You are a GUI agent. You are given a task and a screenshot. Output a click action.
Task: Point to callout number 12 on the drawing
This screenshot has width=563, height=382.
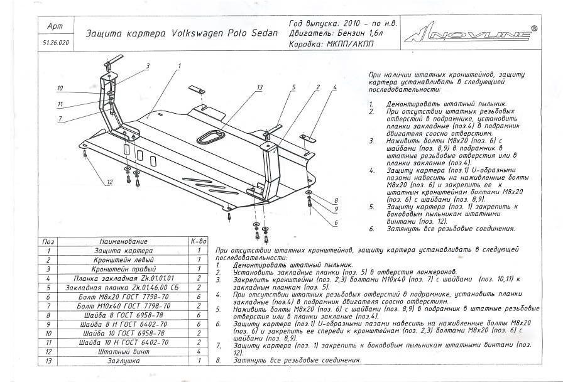pos(109,182)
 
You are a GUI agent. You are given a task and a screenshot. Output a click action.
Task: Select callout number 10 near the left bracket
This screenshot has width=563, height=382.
pos(60,88)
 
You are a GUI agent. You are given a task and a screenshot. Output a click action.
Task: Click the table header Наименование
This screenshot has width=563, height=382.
pos(123,241)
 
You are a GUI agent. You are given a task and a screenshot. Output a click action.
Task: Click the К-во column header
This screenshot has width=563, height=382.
pos(199,241)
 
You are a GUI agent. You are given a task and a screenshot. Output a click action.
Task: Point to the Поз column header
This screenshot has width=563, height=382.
pos(48,241)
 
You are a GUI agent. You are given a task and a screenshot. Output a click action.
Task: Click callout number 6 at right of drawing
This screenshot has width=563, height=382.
pos(336,222)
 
